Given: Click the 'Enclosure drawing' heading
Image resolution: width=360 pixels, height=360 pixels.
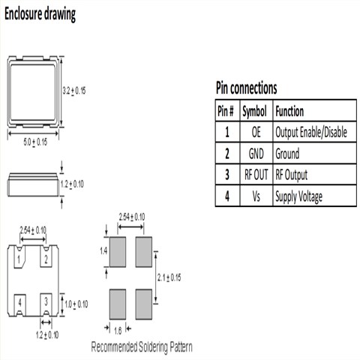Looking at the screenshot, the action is point(40,14).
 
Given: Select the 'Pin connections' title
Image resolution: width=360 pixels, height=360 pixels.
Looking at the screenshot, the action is point(247,88).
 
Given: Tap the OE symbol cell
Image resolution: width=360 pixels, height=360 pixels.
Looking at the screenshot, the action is point(256,132).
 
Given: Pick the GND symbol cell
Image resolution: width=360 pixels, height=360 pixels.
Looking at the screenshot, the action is point(256,154).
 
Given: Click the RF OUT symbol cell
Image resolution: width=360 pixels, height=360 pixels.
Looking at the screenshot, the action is point(256,175).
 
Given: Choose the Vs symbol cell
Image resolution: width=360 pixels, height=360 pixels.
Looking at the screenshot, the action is point(256,196).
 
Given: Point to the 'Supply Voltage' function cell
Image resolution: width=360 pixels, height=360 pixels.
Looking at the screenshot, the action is point(298,196).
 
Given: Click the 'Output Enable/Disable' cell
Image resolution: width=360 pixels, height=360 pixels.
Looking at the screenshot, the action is point(311,132).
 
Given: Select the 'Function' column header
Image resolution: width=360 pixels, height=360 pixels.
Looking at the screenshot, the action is point(289,111).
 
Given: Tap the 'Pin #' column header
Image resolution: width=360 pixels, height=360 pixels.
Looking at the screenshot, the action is point(226,111).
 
